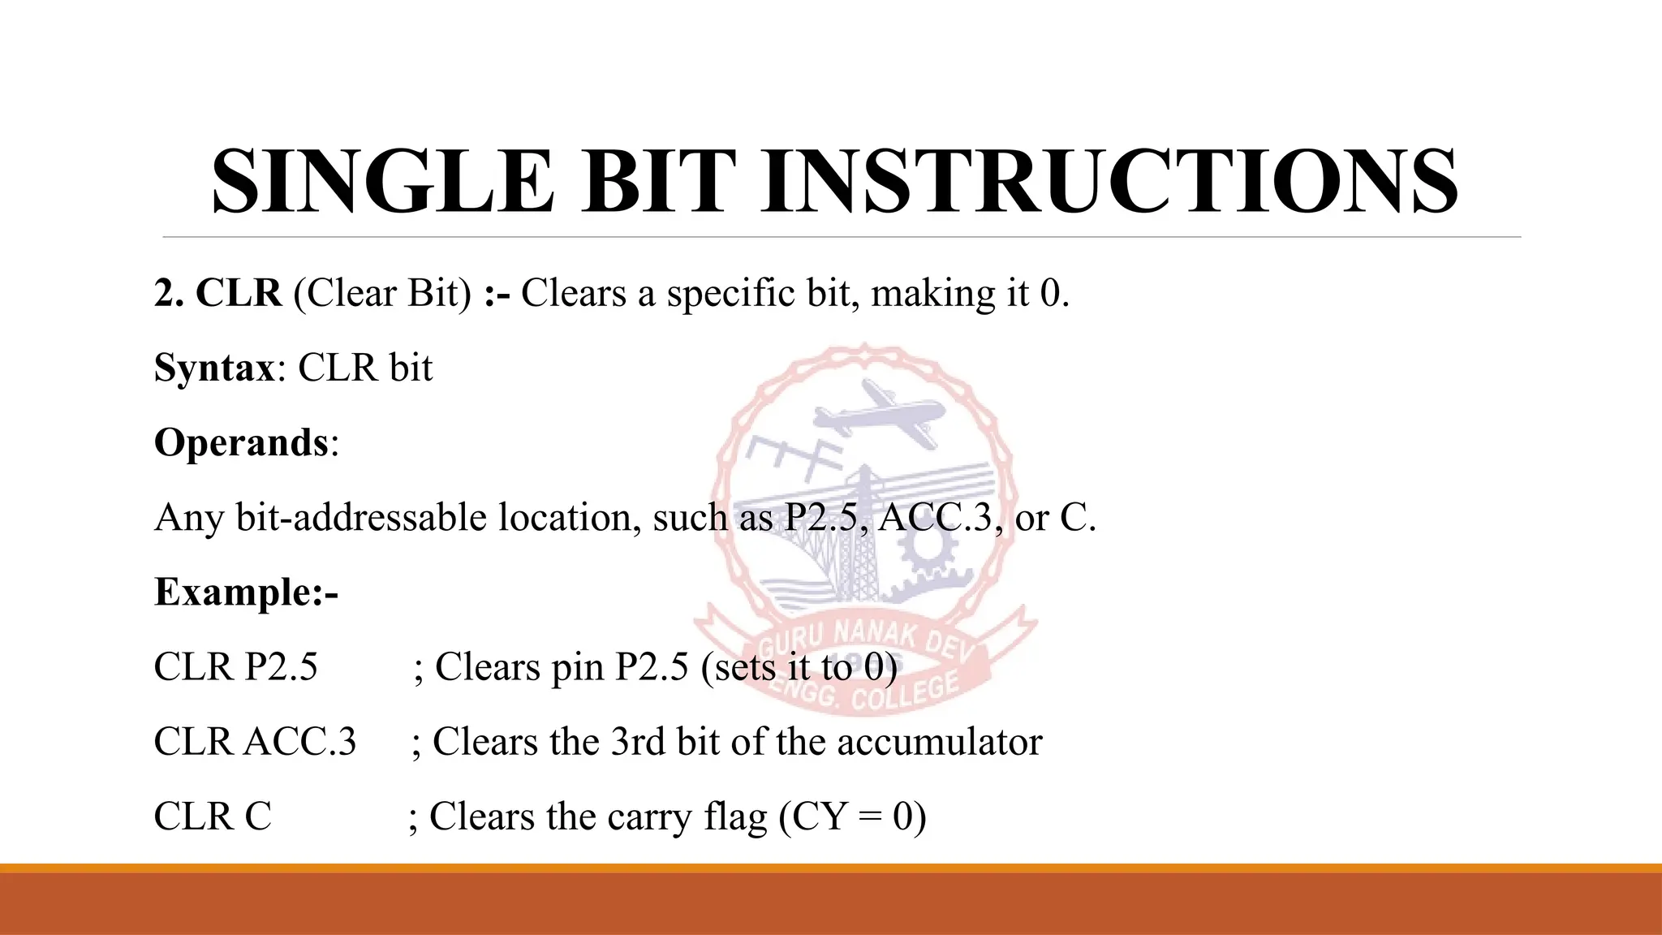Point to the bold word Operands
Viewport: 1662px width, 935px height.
point(241,443)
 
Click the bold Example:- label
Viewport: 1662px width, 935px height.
point(246,592)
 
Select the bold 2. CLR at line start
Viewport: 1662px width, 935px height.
point(217,293)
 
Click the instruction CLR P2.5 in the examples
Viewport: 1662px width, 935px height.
point(235,667)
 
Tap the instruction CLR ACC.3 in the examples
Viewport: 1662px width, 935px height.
point(255,742)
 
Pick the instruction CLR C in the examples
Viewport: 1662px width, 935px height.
point(213,817)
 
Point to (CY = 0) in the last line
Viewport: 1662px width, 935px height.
point(852,817)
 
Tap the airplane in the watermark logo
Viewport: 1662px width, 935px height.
point(881,414)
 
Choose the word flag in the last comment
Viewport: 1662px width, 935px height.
point(735,817)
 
